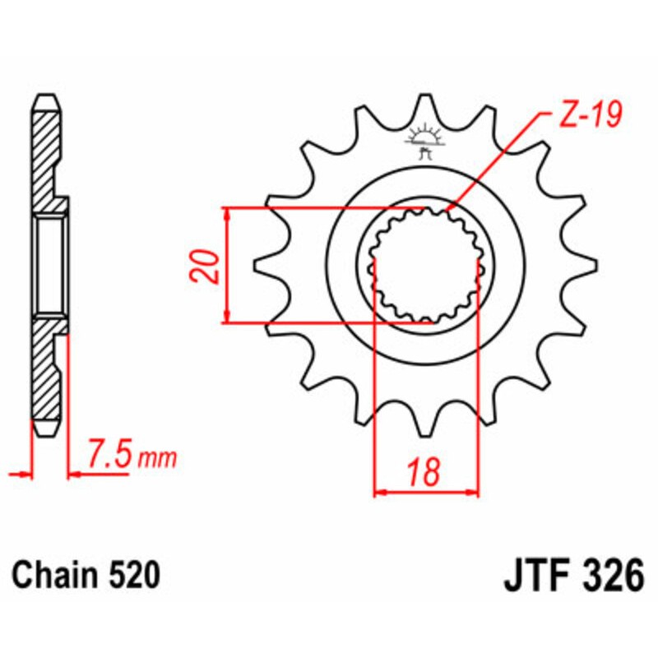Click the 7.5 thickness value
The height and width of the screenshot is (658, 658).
[x=108, y=455]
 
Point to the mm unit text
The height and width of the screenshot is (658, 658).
[x=156, y=458]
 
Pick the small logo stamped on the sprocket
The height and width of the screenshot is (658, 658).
[x=425, y=141]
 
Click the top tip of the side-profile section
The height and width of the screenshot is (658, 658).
[x=46, y=96]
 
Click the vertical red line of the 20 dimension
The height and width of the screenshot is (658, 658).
[x=226, y=265]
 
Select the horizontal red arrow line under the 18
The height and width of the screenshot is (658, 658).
[x=425, y=493]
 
